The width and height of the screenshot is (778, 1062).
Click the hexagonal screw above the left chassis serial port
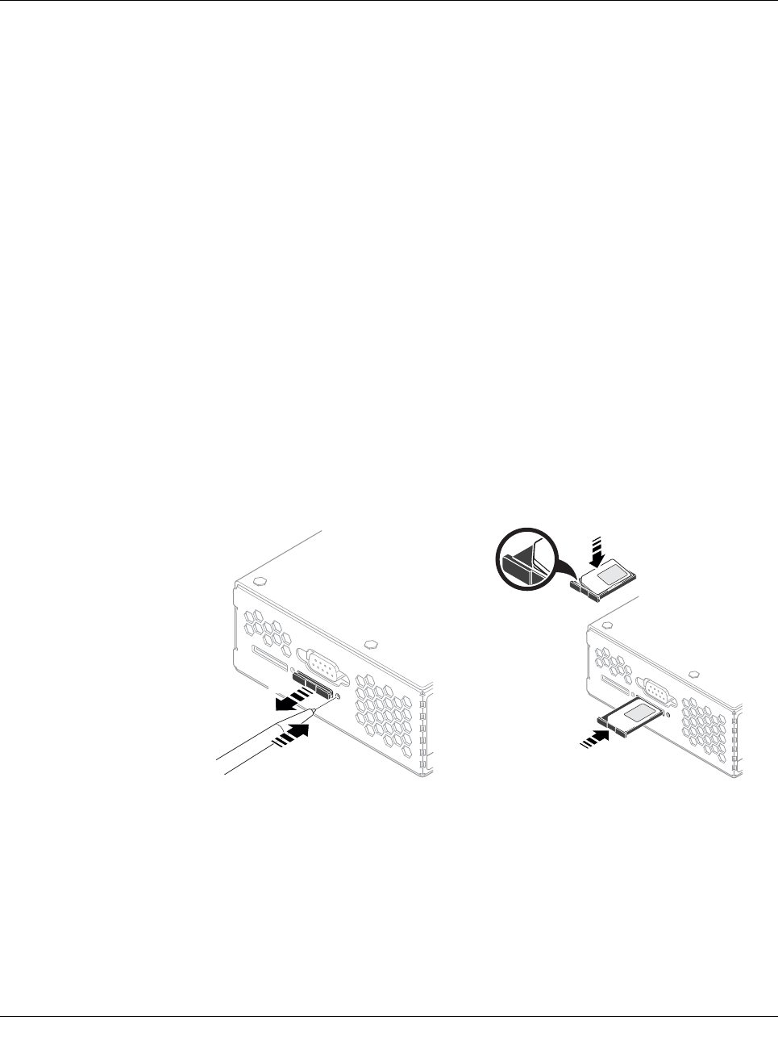click(x=371, y=644)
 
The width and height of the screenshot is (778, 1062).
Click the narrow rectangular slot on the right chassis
click(x=615, y=686)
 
